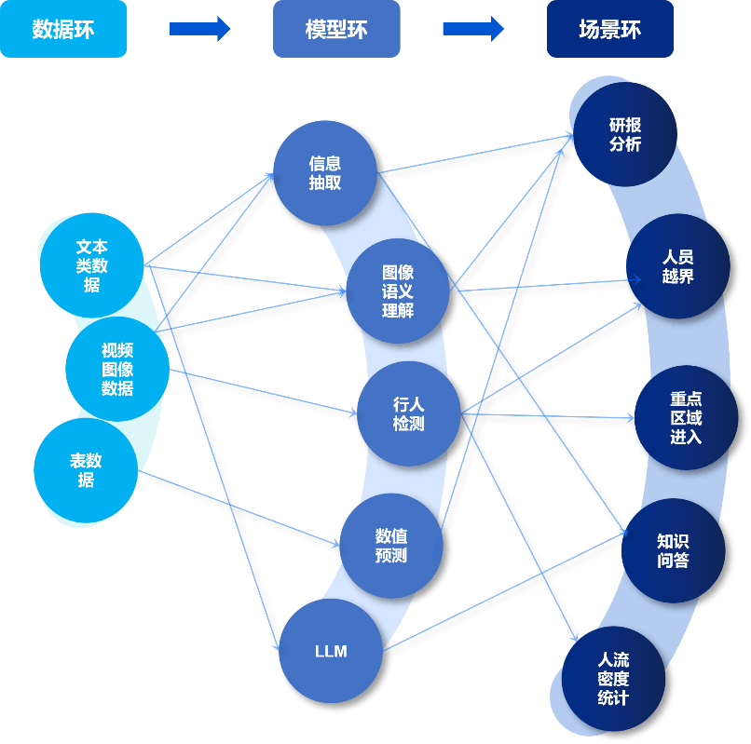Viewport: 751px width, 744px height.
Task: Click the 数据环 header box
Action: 63,29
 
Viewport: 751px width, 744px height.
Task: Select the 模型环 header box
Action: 336,29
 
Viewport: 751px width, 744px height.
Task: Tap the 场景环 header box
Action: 609,29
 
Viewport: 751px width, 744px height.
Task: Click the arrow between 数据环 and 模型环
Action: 199,29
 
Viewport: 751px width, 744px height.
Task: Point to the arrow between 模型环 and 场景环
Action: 472,29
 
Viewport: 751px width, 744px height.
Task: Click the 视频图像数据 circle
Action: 117,369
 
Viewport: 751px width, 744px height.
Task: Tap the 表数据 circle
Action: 86,470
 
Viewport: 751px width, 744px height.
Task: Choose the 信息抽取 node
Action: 325,173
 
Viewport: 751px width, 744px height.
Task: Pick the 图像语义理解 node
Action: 398,291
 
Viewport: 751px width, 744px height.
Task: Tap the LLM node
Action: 331,651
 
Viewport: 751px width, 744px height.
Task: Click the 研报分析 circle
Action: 625,135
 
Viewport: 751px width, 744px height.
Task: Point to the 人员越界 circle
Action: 677,266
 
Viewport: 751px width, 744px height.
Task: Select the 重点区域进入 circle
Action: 686,417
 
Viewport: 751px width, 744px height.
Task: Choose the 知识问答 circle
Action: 673,550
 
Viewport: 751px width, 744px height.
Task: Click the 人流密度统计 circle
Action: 613,679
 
